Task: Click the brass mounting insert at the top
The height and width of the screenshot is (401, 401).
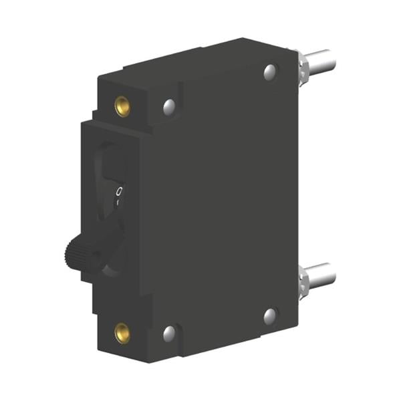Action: pyautogui.click(x=122, y=106)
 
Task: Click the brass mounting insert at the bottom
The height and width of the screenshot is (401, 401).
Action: pyautogui.click(x=122, y=331)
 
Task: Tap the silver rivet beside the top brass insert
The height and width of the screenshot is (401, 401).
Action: pyautogui.click(x=169, y=106)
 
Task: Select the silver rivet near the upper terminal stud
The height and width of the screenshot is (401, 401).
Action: pyautogui.click(x=270, y=71)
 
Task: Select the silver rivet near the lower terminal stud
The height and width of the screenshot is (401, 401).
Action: pyautogui.click(x=270, y=316)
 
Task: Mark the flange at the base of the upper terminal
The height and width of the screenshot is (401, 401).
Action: pyautogui.click(x=302, y=65)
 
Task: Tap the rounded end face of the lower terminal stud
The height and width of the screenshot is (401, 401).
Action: pyautogui.click(x=332, y=272)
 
